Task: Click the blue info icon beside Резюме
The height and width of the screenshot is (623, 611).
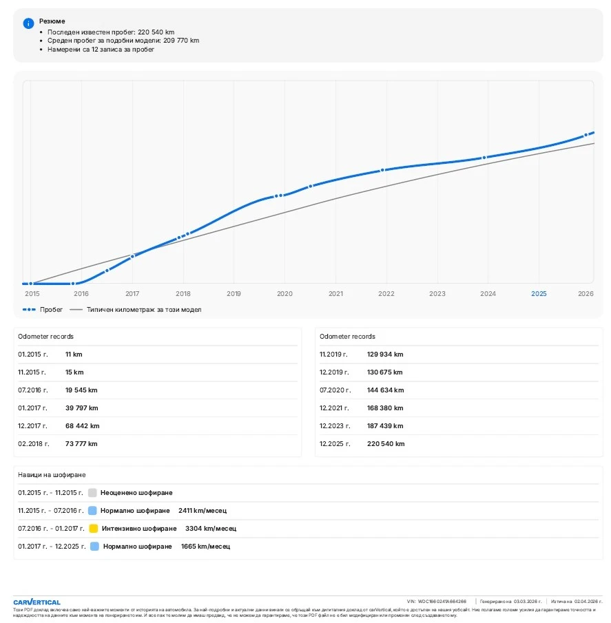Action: (28, 23)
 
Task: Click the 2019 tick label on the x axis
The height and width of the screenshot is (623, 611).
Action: (234, 293)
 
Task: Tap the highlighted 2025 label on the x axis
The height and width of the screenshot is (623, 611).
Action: (539, 293)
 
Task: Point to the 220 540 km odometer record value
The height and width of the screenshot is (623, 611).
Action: (386, 444)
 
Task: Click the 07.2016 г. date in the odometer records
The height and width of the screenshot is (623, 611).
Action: (32, 390)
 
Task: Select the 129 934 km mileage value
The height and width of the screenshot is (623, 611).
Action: (386, 355)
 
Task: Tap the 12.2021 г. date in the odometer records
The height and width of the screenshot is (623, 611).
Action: (334, 408)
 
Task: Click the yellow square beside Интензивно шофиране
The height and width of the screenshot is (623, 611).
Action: (93, 529)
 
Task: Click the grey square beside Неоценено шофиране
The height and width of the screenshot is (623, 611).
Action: (92, 493)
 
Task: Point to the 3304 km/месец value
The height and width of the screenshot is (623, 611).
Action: (210, 529)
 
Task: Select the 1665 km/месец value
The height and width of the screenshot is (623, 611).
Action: (205, 547)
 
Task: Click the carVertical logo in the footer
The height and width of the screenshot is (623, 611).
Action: (37, 602)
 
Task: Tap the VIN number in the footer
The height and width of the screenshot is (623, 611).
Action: (442, 602)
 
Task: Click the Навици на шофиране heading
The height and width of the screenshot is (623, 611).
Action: (52, 475)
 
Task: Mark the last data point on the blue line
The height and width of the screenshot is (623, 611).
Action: (586, 135)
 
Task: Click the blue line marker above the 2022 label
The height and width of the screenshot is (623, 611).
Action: (382, 170)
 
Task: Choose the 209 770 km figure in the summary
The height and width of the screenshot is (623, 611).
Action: (181, 41)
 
